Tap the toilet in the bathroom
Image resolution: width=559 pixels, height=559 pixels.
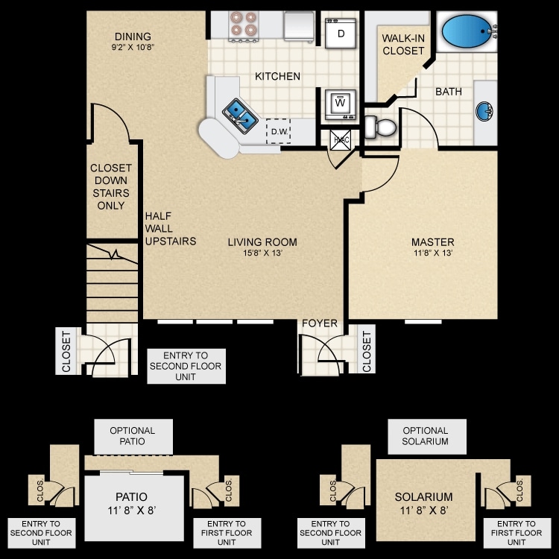pyautogui.click(x=381, y=127)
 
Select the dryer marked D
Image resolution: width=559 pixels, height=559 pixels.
pyautogui.click(x=341, y=33)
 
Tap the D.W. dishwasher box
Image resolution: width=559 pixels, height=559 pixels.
pyautogui.click(x=279, y=132)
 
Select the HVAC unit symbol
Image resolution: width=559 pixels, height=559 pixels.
pyautogui.click(x=340, y=139)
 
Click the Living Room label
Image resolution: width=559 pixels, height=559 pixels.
pyautogui.click(x=262, y=241)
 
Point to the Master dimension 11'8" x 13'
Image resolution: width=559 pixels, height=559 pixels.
pyautogui.click(x=432, y=253)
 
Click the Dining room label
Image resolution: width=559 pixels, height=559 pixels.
pyautogui.click(x=133, y=37)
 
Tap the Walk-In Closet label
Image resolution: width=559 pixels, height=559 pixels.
pyautogui.click(x=402, y=44)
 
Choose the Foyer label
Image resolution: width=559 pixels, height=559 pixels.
pyautogui.click(x=319, y=323)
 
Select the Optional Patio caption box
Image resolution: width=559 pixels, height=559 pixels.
pyautogui.click(x=133, y=436)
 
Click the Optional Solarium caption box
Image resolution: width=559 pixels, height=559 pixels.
pyautogui.click(x=426, y=436)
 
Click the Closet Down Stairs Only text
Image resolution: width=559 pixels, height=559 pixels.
pyautogui.click(x=110, y=186)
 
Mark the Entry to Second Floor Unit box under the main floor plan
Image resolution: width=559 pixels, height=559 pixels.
pyautogui.click(x=186, y=366)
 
